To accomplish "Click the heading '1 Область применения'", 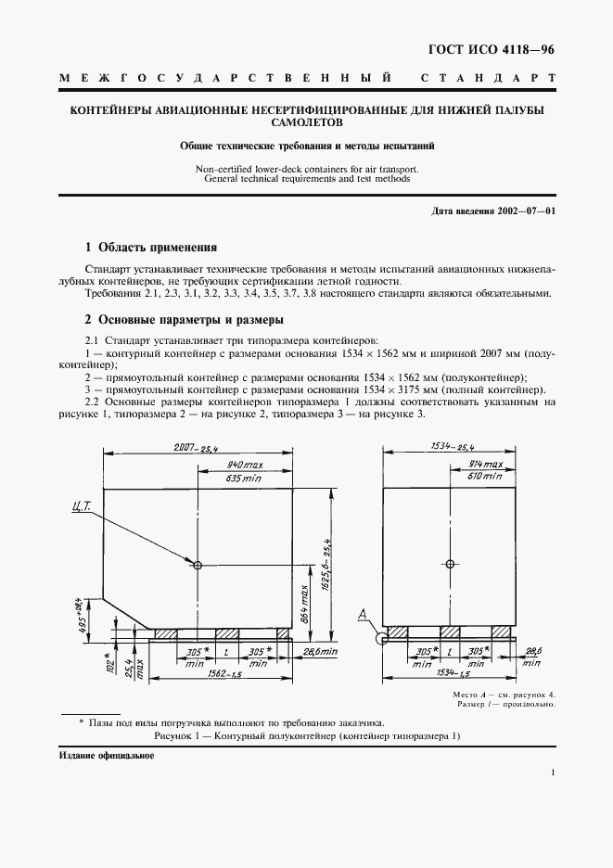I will pyautogui.click(x=150, y=248).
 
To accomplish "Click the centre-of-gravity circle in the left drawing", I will pyautogui.click(x=198, y=564).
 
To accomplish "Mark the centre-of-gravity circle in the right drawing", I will pyautogui.click(x=450, y=564).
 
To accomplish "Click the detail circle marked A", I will pyautogui.click(x=380, y=638).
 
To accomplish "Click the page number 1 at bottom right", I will pyautogui.click(x=552, y=772).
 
